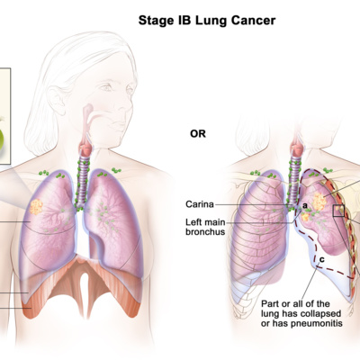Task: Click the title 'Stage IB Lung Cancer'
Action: (x=207, y=21)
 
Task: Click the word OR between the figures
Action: (x=198, y=133)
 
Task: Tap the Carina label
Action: (x=200, y=204)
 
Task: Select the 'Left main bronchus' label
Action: (x=205, y=227)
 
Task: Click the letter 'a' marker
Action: (x=305, y=206)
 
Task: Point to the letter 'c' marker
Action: (x=321, y=259)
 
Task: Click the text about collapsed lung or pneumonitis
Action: (x=301, y=313)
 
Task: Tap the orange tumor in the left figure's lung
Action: (x=36, y=207)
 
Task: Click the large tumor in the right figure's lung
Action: (x=319, y=202)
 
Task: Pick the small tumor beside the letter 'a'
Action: (x=305, y=217)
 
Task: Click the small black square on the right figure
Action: (x=338, y=211)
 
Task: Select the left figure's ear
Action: (x=57, y=100)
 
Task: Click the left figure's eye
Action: (x=105, y=87)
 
